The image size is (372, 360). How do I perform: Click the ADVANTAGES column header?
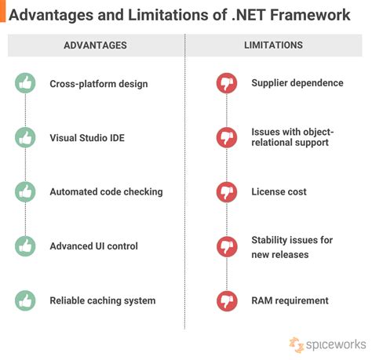tap(95, 45)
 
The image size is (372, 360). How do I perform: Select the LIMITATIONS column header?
tap(273, 45)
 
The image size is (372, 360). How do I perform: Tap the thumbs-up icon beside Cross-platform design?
tap(26, 83)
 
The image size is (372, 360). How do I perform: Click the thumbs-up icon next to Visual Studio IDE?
tap(26, 137)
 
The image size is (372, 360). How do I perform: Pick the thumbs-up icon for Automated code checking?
tap(26, 191)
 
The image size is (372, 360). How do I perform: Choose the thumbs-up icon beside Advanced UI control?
tap(26, 246)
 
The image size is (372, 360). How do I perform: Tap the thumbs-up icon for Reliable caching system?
tap(26, 300)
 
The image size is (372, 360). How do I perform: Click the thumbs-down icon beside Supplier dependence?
tap(227, 83)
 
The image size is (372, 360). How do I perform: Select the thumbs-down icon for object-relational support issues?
tap(227, 137)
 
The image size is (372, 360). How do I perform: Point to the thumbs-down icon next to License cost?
tap(227, 191)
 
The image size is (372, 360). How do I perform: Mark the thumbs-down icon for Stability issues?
tap(227, 246)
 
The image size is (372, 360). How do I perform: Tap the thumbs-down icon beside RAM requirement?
tap(227, 300)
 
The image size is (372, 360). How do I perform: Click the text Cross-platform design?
tap(98, 83)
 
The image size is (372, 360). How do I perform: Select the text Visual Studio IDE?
tap(87, 138)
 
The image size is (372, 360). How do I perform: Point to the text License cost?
tap(279, 191)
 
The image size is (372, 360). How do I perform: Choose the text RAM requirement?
tap(290, 300)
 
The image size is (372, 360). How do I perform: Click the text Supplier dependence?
tap(297, 83)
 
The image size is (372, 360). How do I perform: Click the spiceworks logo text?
tap(334, 344)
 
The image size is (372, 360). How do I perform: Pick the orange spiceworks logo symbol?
tap(296, 344)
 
